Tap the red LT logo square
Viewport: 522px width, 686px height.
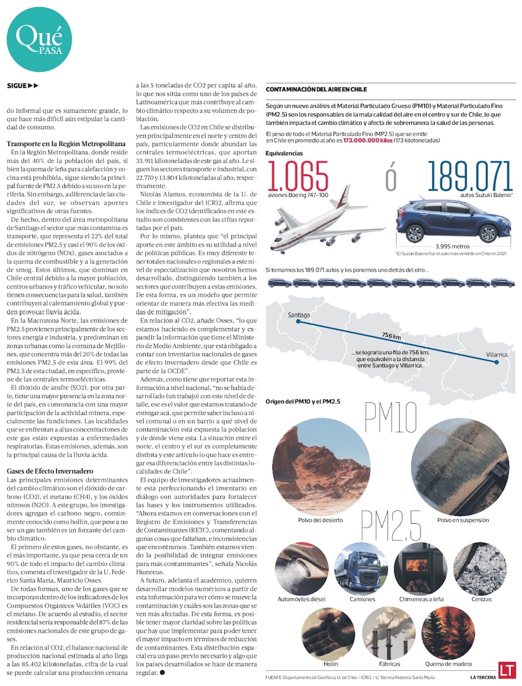(506, 670)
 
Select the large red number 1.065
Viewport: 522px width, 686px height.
(298, 176)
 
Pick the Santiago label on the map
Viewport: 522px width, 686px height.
(299, 315)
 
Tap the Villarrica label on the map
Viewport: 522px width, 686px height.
(496, 355)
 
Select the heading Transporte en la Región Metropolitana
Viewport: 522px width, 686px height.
(66, 143)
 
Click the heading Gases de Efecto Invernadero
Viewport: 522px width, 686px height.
(50, 471)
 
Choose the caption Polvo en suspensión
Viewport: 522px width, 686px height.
(463, 520)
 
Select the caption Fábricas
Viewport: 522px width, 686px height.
(389, 664)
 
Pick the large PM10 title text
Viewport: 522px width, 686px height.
(390, 418)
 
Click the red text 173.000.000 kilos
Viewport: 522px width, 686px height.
(368, 141)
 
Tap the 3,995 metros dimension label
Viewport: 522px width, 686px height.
(452, 246)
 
